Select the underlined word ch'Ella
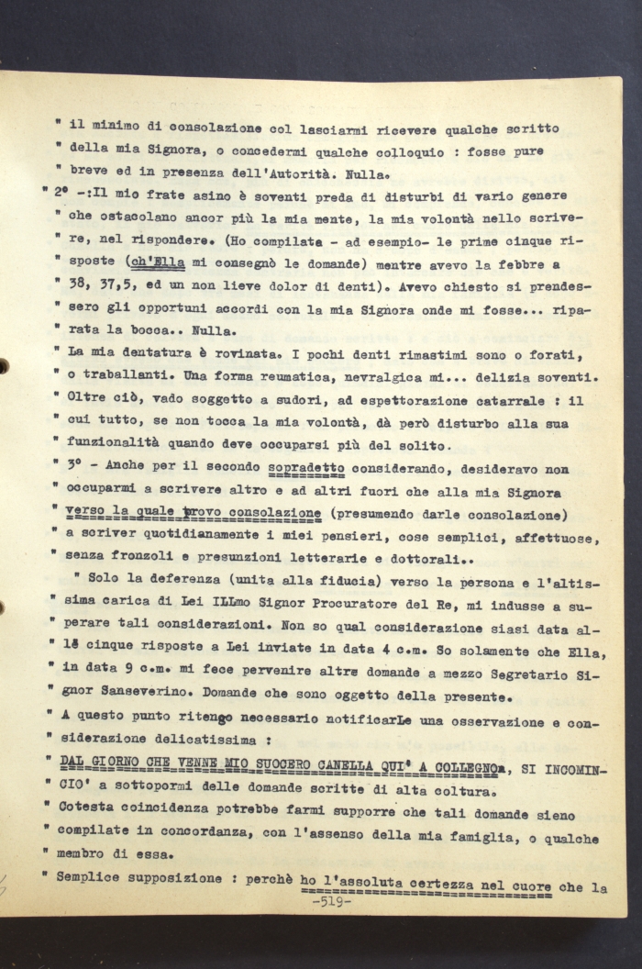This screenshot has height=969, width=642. pyautogui.click(x=159, y=260)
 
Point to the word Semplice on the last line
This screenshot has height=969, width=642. pyautogui.click(x=93, y=877)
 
